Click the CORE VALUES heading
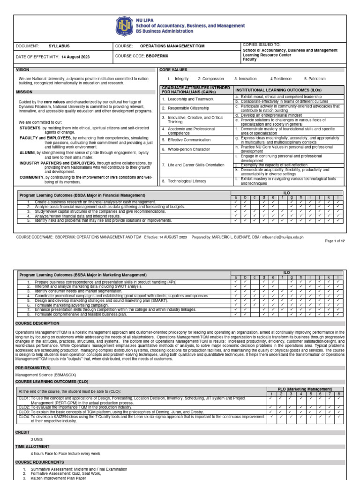[x=173, y=69]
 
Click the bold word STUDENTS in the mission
[x=30, y=128]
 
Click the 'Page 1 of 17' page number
[x=335, y=241]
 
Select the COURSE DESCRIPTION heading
[x=37, y=323]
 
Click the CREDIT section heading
[x=23, y=432]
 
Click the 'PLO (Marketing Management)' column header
[x=306, y=389]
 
